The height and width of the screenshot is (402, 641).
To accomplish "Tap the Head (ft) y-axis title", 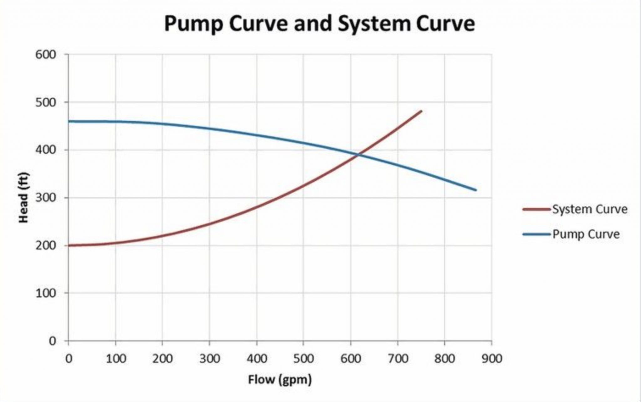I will click(x=24, y=198).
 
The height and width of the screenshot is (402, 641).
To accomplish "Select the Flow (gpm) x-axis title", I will click(x=280, y=380).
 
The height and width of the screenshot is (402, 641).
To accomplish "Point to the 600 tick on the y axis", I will click(x=45, y=55).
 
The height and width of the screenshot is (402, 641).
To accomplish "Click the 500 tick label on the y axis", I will click(x=45, y=103).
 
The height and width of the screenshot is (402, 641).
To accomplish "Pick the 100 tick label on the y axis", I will click(x=45, y=293).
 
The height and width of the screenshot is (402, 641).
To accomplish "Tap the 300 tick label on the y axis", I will click(x=45, y=198).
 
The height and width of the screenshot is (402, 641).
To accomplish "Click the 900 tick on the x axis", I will click(x=492, y=359).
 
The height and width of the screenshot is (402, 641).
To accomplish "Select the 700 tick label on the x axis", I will click(x=397, y=359).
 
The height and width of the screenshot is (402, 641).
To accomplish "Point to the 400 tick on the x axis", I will click(x=257, y=359).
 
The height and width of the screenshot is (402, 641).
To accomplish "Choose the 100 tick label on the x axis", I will click(x=115, y=359).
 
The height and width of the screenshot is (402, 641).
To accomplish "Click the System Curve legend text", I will click(x=590, y=209).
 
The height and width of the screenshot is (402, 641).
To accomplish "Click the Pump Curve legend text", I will click(x=586, y=234).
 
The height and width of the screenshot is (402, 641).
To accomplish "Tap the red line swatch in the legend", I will click(x=536, y=209).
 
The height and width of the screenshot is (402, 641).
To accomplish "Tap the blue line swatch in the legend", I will click(x=536, y=234).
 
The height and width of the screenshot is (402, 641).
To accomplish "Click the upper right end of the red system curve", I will click(x=421, y=111).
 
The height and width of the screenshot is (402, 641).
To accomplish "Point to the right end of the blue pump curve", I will click(x=476, y=190).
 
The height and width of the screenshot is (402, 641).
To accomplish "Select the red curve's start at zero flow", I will click(x=69, y=245).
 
